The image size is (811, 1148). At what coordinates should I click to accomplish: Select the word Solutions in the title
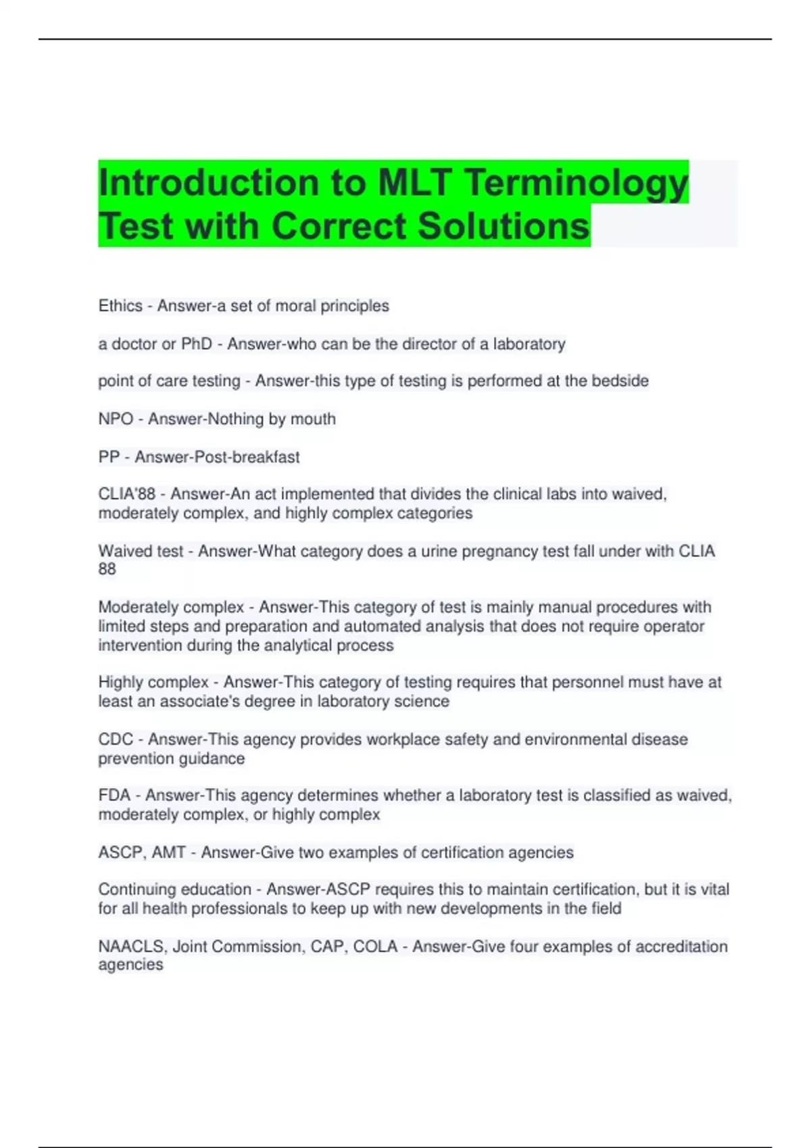(503, 226)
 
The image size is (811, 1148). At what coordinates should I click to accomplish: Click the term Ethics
(120, 306)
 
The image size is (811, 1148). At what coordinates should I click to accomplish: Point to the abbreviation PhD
(197, 344)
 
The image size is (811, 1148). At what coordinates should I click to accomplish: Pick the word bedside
(620, 381)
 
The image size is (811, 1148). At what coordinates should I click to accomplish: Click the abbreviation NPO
(116, 419)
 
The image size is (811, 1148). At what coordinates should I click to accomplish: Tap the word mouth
(313, 419)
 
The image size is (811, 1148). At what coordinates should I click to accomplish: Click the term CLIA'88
(127, 494)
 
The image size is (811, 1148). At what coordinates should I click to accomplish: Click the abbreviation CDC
(116, 739)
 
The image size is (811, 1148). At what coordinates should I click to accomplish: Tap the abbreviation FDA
(114, 795)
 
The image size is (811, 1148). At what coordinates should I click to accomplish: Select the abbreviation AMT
(168, 852)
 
